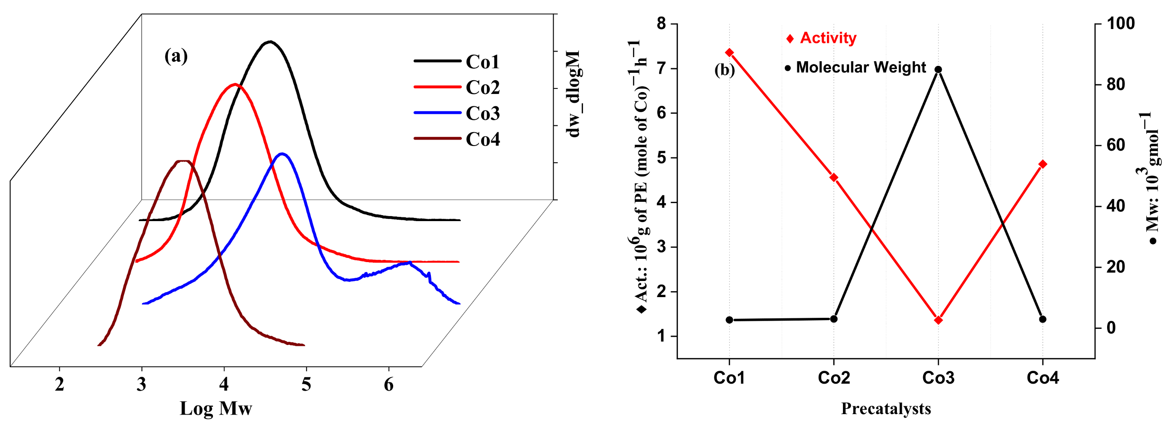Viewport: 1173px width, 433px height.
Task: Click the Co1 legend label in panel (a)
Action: (483, 62)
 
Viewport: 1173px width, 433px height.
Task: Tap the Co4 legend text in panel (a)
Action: (483, 139)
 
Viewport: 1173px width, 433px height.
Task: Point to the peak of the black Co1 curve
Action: (270, 42)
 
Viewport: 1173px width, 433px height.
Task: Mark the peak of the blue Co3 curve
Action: (282, 154)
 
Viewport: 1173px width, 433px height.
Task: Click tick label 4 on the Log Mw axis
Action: (224, 384)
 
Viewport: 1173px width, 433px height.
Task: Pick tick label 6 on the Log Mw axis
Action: (389, 384)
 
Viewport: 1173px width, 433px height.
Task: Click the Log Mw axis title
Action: (216, 409)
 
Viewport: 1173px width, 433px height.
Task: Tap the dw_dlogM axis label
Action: (573, 94)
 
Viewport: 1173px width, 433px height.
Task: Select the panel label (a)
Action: (176, 56)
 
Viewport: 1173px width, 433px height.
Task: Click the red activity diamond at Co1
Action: (729, 53)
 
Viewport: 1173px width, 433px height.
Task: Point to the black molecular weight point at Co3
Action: (938, 70)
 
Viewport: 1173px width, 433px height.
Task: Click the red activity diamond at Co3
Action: (938, 320)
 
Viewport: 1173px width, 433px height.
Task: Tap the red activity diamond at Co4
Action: (1043, 164)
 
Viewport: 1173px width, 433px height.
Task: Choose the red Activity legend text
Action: (828, 38)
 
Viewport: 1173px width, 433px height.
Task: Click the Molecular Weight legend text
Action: (861, 67)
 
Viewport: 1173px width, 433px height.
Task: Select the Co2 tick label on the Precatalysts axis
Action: (834, 378)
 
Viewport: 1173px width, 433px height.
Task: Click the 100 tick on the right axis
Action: (1120, 23)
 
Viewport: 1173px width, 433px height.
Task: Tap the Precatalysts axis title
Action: (886, 409)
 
